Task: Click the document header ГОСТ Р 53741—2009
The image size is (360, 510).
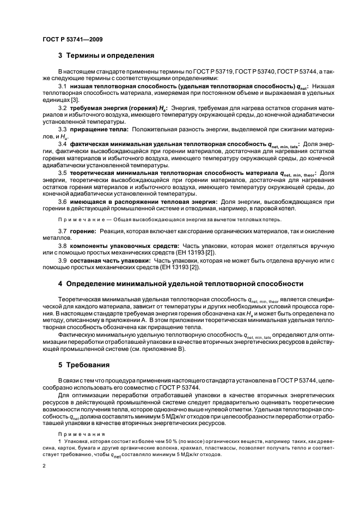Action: point(72,39)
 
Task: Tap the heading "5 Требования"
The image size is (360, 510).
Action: point(83,365)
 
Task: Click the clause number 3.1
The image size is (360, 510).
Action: point(62,87)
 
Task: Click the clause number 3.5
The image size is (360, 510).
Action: point(62,173)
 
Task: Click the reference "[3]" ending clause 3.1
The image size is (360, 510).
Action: point(75,101)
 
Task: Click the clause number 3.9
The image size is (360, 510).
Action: point(62,260)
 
